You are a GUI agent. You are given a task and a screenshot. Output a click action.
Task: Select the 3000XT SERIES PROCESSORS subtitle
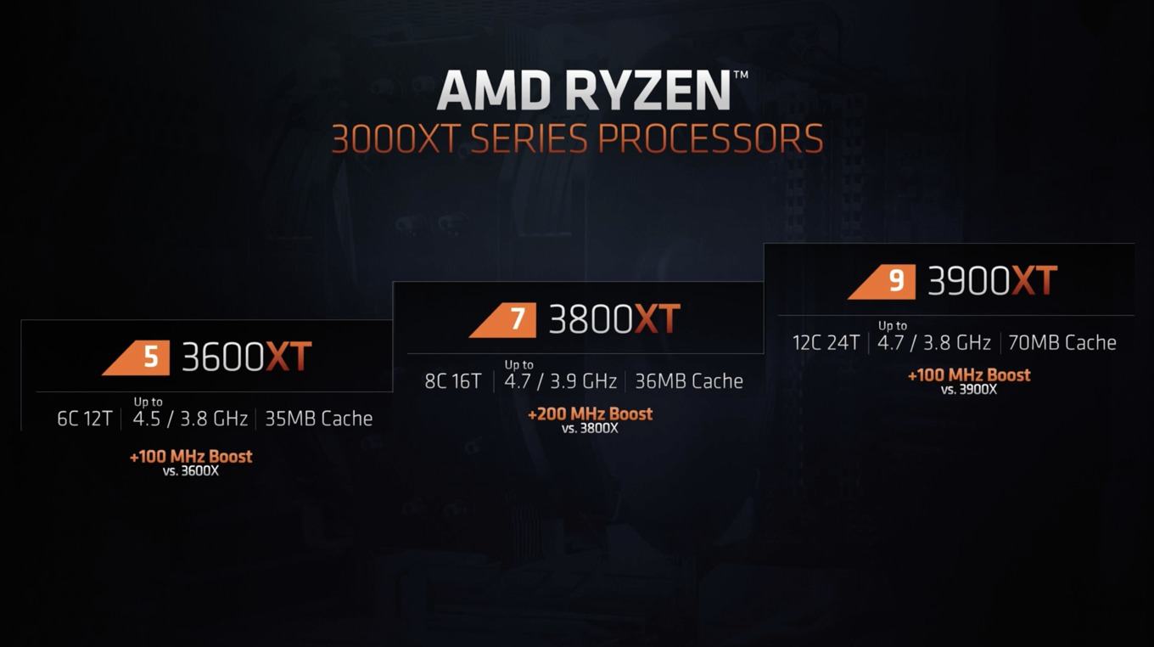[577, 138]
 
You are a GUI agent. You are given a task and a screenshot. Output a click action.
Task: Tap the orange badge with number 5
[136, 357]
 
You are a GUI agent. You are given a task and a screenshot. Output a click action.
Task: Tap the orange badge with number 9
[882, 282]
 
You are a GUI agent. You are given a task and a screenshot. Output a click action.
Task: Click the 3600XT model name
[247, 357]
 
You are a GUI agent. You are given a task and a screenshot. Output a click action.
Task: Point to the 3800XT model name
[614, 319]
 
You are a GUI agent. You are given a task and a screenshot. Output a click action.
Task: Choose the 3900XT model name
[993, 280]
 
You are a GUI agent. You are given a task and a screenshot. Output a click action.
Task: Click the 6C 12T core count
[85, 419]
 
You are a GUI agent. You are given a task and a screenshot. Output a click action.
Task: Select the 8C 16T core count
[453, 381]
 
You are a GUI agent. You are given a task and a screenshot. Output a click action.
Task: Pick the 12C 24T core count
[826, 343]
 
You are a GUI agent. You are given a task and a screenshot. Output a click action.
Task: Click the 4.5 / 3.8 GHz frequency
[190, 419]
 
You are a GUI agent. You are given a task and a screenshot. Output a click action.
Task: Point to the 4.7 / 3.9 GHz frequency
[561, 381]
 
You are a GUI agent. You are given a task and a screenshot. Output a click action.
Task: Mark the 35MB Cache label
[319, 419]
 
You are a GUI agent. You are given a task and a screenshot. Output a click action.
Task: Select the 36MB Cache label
[689, 381]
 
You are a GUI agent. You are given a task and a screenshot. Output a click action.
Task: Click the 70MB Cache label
[1062, 343]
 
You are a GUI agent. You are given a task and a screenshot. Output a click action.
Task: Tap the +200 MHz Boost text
[591, 414]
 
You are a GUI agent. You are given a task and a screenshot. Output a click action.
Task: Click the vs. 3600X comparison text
[191, 471]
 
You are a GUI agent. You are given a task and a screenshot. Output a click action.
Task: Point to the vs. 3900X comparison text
[969, 390]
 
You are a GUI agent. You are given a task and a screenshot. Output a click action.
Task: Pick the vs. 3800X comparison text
[590, 429]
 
